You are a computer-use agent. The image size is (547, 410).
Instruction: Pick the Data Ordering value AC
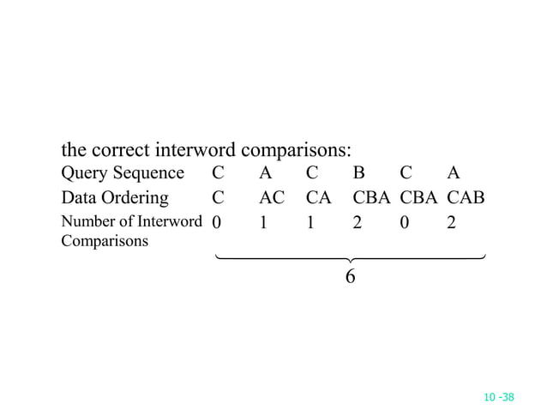point(272,198)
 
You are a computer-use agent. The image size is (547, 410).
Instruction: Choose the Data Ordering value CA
point(318,198)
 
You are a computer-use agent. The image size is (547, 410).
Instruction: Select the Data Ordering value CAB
point(466,198)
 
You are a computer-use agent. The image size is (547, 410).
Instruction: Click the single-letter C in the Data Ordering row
point(218,198)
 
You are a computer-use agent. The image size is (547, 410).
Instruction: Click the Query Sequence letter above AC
point(266,173)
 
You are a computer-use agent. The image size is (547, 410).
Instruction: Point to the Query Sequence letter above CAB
point(453,173)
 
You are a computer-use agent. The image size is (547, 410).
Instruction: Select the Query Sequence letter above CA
point(312,173)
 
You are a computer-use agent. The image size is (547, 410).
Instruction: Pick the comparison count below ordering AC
point(264,223)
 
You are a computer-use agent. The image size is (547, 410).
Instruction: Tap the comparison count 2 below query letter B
point(358,223)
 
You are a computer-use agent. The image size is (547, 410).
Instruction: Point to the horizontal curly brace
point(350,257)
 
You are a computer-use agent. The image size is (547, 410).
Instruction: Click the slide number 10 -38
point(498,397)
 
